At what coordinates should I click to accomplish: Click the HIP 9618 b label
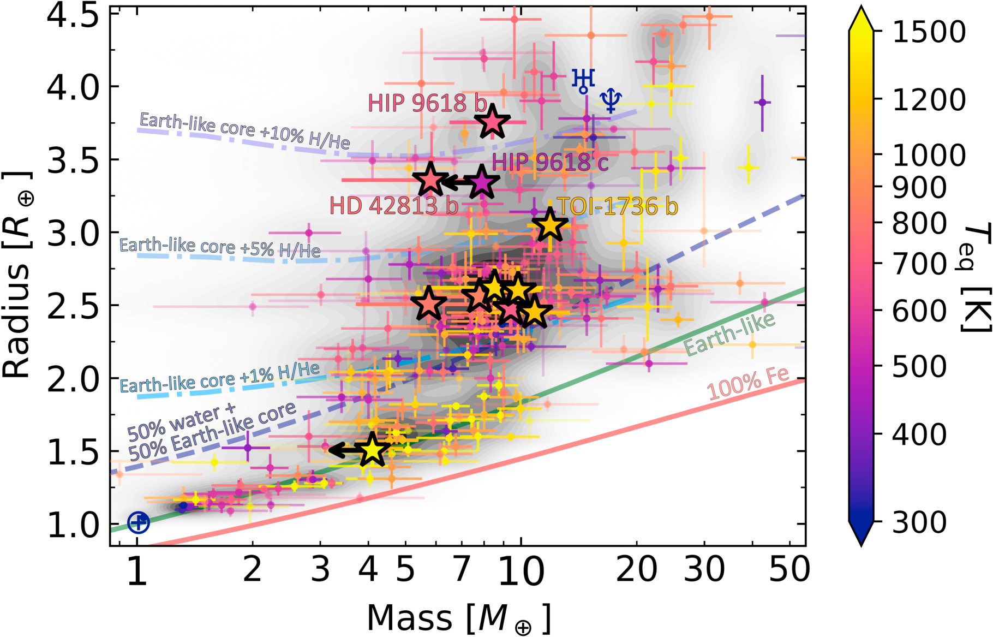click(427, 103)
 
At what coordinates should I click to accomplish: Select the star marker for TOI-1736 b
click(550, 225)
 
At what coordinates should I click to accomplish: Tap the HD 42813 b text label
click(393, 206)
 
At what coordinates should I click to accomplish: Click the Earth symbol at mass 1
click(138, 522)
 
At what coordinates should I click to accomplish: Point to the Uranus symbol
click(583, 80)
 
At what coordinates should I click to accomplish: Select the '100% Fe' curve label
click(747, 383)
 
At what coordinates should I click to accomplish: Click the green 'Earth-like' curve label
click(729, 334)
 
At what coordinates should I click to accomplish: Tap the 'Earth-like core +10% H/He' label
click(244, 130)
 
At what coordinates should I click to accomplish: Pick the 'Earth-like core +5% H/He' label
click(219, 248)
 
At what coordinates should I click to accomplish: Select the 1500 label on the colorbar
click(929, 32)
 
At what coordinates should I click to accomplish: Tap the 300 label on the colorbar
click(919, 522)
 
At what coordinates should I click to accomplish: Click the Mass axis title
click(458, 619)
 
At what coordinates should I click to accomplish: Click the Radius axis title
click(17, 276)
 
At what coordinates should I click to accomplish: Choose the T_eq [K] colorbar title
click(974, 278)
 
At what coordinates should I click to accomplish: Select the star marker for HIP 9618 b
click(492, 122)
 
